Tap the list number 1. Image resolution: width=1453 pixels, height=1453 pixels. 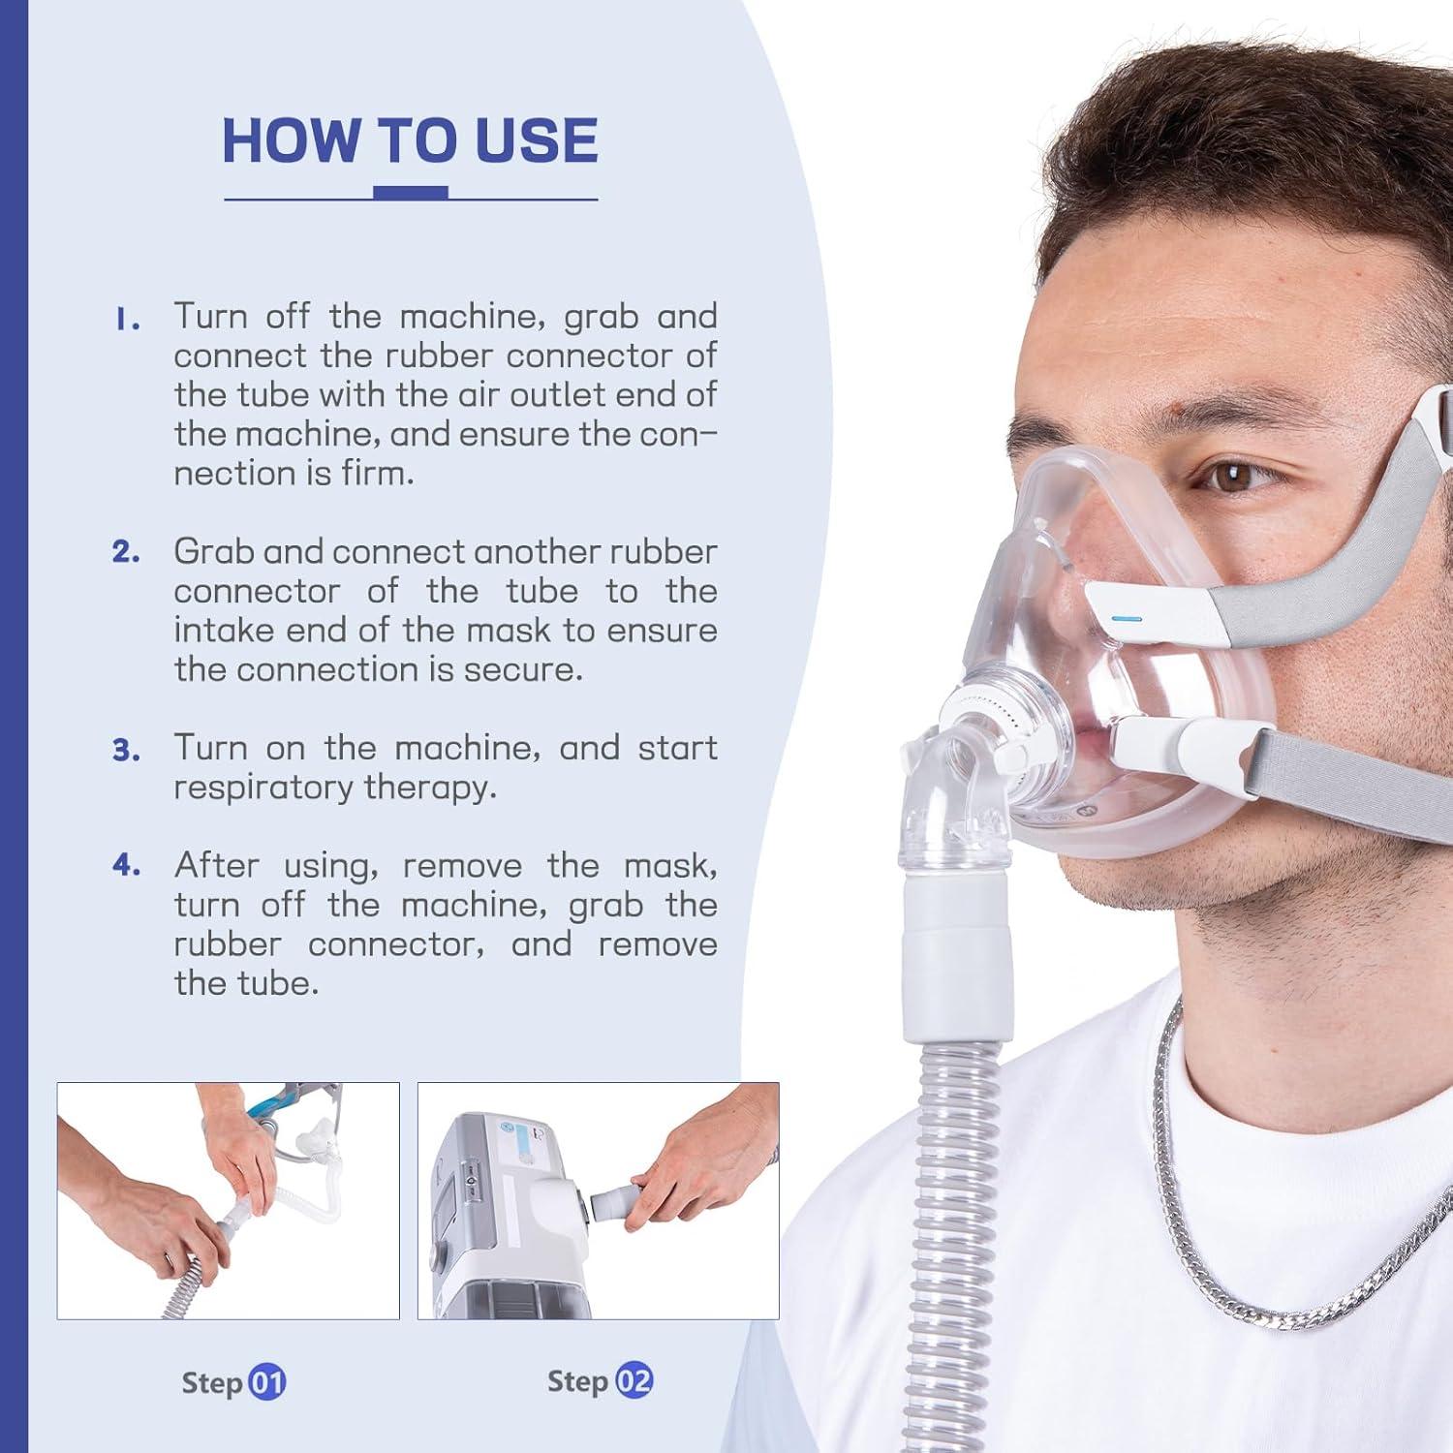[126, 320]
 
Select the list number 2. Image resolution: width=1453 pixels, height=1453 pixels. [126, 552]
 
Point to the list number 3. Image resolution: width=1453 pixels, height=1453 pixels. [126, 750]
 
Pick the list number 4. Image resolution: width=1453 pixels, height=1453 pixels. [126, 865]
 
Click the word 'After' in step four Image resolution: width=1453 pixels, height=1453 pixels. [216, 865]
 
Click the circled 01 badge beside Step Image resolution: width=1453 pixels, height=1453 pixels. [266, 1382]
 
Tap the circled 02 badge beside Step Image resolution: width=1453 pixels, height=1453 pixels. [634, 1381]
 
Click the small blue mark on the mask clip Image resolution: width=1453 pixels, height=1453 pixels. [1128, 619]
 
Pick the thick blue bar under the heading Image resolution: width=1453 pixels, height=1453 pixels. [411, 193]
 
